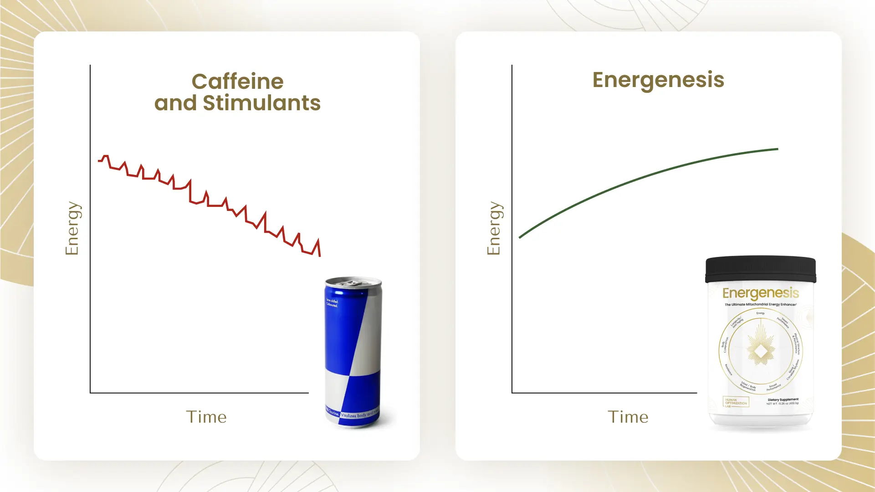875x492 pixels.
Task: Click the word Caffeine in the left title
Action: tap(237, 82)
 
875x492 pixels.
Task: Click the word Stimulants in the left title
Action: tap(261, 103)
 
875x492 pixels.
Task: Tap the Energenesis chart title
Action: tap(658, 80)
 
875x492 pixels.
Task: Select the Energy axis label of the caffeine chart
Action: tap(72, 228)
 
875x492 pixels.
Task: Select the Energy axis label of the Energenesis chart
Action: tap(494, 228)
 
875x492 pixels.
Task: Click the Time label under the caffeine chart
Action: tap(206, 417)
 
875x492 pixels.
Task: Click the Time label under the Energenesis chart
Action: tap(628, 417)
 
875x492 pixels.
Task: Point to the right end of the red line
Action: tap(320, 255)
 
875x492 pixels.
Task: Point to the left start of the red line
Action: tap(99, 160)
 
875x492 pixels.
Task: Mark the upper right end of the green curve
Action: tap(777, 149)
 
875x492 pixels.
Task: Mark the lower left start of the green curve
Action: tap(520, 237)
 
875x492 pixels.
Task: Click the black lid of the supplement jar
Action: tap(760, 269)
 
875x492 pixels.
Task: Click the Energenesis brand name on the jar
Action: tap(761, 293)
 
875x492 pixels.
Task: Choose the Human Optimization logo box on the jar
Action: tap(736, 402)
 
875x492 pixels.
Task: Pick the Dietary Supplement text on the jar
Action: tap(783, 400)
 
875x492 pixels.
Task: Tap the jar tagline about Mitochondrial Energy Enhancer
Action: tap(761, 304)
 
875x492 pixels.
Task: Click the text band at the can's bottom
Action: tap(353, 415)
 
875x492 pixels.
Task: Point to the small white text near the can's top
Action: tap(332, 303)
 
